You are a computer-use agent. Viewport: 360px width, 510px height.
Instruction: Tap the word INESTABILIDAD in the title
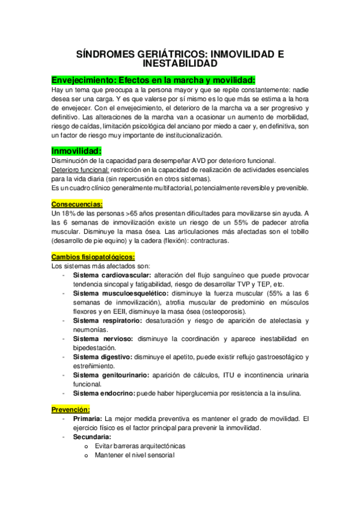pyautogui.click(x=180, y=63)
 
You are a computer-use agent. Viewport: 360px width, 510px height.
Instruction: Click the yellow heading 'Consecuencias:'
pyautogui.click(x=77, y=203)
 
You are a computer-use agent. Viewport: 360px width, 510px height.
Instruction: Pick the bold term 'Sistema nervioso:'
pyautogui.click(x=100, y=339)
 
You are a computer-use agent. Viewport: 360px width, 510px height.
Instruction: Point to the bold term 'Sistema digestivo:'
pyautogui.click(x=102, y=357)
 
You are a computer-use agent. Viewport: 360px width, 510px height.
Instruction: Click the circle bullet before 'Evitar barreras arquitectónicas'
pyautogui.click(x=87, y=446)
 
